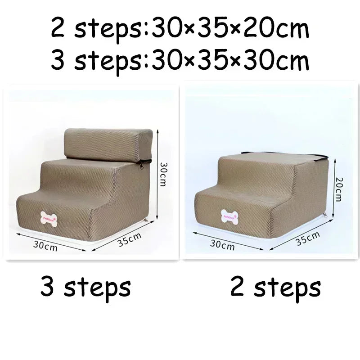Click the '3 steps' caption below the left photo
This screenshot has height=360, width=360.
tap(85, 287)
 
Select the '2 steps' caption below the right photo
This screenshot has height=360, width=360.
tap(275, 287)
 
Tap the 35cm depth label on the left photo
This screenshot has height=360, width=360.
tap(130, 239)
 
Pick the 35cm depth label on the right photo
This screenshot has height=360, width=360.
tap(308, 238)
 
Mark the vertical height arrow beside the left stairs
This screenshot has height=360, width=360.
tap(157, 173)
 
